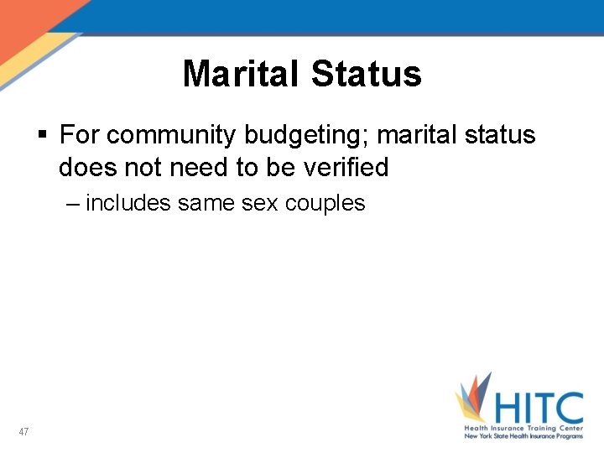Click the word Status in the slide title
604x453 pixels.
(366, 74)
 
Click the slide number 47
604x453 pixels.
(23, 432)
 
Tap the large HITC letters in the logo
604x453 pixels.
(538, 409)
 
